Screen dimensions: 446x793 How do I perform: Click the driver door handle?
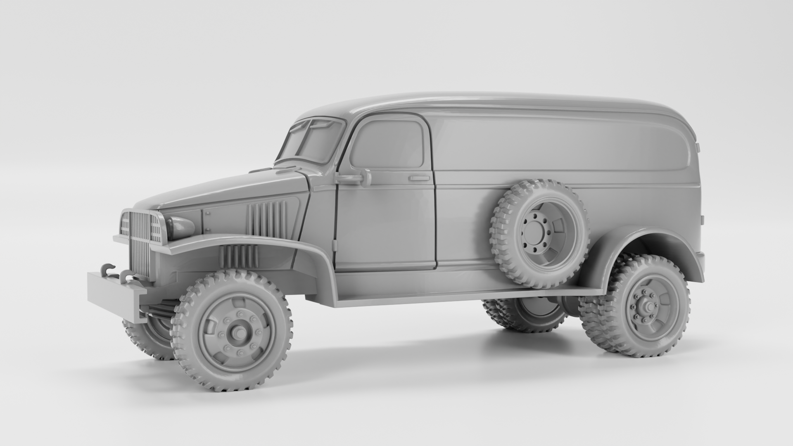coord(419,178)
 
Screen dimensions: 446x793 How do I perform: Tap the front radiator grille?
coord(140,244)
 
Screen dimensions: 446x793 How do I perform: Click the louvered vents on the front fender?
coord(240,256)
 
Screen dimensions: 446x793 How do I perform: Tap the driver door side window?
coord(388,145)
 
